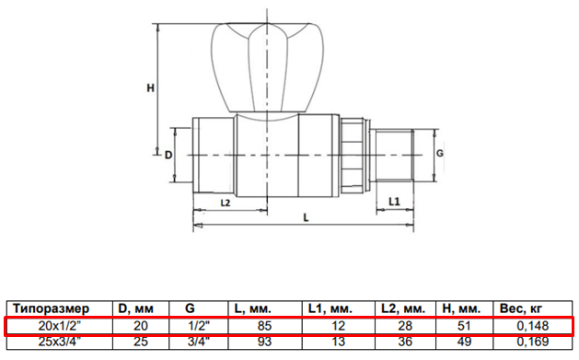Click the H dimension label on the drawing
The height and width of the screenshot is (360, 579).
[x=150, y=87]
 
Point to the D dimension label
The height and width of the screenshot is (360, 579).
[x=168, y=155]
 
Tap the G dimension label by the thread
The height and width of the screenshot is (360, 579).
[x=440, y=153]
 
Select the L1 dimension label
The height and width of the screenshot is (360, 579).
[x=394, y=202]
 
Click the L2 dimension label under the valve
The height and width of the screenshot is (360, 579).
[x=226, y=203]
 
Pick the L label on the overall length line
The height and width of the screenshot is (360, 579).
[x=306, y=217]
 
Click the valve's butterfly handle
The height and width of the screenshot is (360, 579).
[x=267, y=67]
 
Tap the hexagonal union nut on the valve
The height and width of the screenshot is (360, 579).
[x=353, y=155]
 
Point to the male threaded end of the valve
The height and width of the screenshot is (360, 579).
[x=394, y=155]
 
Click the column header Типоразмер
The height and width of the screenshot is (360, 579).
[x=51, y=308]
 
